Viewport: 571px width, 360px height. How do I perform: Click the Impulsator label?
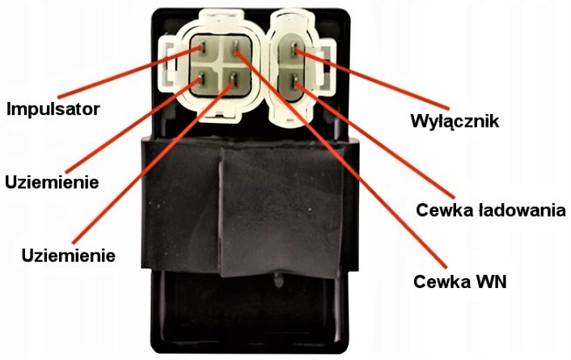(53, 108)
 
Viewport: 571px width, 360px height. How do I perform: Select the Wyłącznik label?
(455, 123)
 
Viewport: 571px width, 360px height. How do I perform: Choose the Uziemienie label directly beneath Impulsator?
(52, 182)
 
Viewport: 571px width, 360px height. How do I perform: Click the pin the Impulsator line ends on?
(202, 51)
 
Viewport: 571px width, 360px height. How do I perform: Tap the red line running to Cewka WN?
(340, 154)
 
